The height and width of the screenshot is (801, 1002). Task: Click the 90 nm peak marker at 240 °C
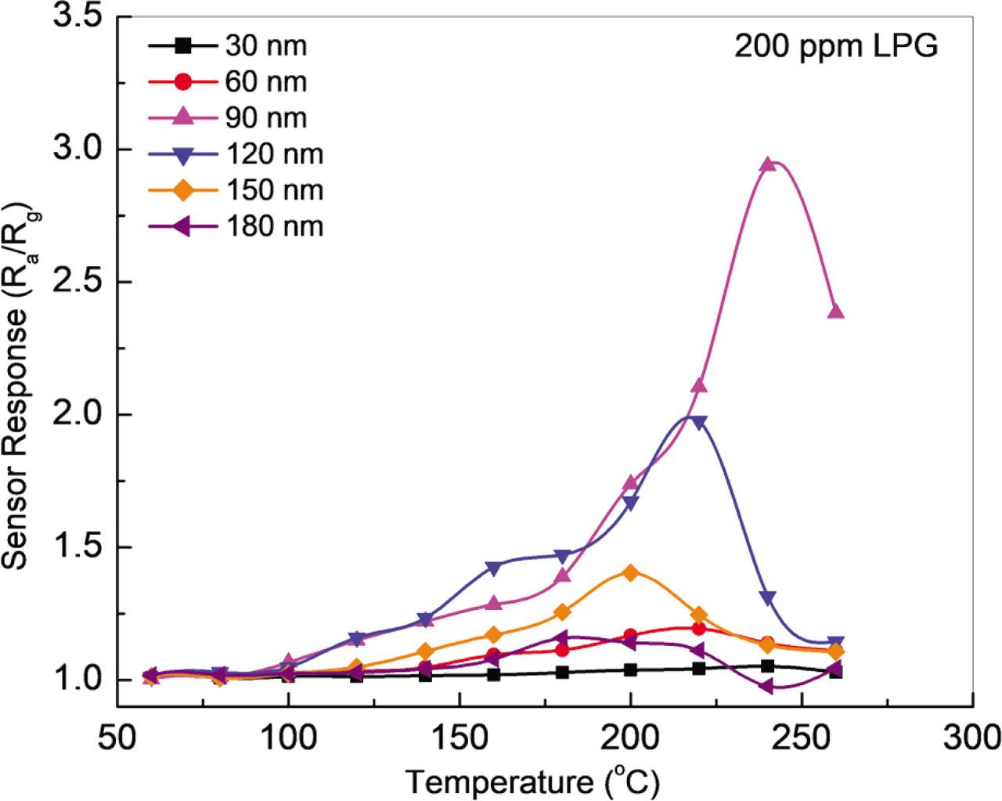coord(767,164)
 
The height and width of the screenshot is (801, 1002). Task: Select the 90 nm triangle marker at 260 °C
coord(835,312)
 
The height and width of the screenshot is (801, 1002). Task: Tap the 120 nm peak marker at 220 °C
coord(699,423)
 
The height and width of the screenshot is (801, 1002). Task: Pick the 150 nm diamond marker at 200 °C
coord(630,572)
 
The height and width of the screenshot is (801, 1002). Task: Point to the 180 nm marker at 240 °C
coord(766,686)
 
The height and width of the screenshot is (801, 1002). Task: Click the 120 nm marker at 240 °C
coord(767,598)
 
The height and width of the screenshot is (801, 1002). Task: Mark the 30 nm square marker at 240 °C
coord(767,666)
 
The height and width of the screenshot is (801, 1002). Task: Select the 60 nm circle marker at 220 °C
coord(699,628)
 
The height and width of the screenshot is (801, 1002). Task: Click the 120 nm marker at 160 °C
coord(493,568)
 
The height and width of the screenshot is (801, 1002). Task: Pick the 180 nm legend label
coord(274,226)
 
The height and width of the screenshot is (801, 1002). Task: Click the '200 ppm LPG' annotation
coord(835,47)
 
